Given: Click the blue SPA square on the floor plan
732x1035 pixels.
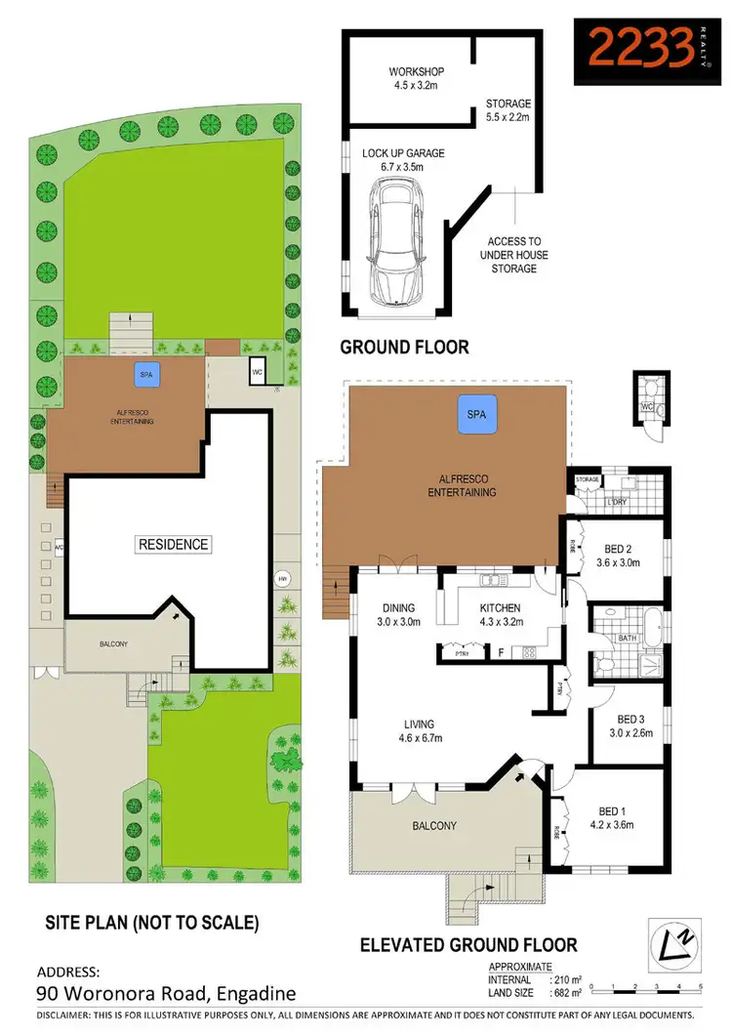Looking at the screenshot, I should click(477, 415).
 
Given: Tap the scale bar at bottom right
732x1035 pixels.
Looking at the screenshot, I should click(646, 986).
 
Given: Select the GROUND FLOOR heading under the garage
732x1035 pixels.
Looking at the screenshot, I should click(404, 347).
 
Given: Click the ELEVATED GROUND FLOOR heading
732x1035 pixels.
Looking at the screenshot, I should click(468, 944).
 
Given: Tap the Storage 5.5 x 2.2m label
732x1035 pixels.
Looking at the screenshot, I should click(508, 110).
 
